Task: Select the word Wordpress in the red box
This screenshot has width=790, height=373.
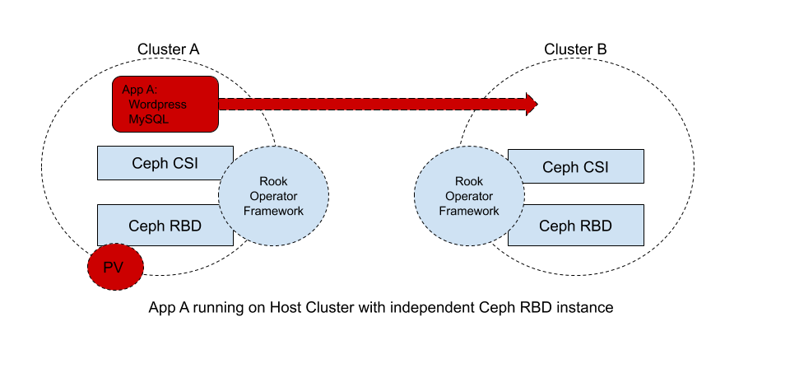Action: tap(157, 105)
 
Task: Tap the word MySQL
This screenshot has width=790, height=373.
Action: tap(148, 119)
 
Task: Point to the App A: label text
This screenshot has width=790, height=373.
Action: tap(139, 90)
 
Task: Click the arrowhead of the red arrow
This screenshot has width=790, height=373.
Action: tap(531, 104)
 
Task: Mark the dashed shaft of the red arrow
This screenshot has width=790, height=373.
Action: tap(370, 104)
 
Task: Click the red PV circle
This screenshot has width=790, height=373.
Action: tap(116, 267)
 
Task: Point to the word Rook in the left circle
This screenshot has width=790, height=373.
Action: tap(273, 181)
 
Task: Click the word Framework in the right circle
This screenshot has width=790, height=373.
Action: tap(469, 211)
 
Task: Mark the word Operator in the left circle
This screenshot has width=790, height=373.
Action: tap(273, 196)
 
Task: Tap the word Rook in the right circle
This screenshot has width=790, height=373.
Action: tap(469, 181)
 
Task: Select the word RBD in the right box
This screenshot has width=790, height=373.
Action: tap(595, 226)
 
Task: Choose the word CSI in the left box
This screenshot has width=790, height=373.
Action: tap(183, 163)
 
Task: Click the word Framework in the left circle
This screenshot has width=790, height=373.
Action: tap(273, 211)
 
